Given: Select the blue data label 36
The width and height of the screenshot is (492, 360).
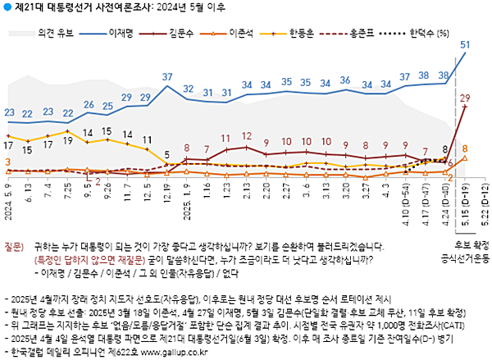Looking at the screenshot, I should [x=346, y=81].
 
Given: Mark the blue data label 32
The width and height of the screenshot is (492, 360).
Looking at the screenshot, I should [x=188, y=89].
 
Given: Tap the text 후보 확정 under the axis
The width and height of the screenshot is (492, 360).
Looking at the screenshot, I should [x=469, y=245].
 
